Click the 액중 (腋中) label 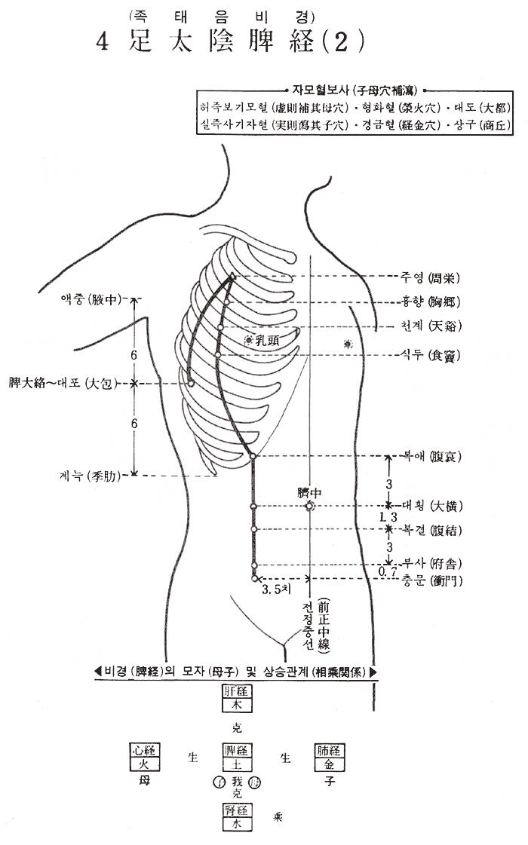point(89,299)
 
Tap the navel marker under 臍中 point(309,507)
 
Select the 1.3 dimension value point(388,518)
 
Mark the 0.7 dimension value point(388,572)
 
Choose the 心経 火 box point(144,757)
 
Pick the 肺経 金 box point(329,757)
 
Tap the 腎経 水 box point(236,817)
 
